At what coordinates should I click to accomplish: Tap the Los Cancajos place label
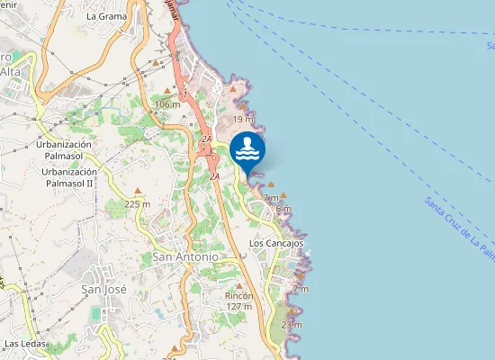coord(276,243)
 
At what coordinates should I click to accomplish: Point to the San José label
coord(103,289)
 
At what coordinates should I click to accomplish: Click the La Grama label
coord(106,16)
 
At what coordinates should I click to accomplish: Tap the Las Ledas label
coord(25,344)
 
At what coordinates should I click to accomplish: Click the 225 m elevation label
coord(138,204)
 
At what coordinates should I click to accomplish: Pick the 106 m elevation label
coord(167,104)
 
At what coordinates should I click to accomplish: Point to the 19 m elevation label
coord(243,119)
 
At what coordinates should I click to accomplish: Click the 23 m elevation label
coord(292,324)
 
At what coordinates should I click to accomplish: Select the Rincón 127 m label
coord(239,301)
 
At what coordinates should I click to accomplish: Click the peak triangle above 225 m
coord(138,191)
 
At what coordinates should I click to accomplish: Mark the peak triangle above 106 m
coord(167,91)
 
